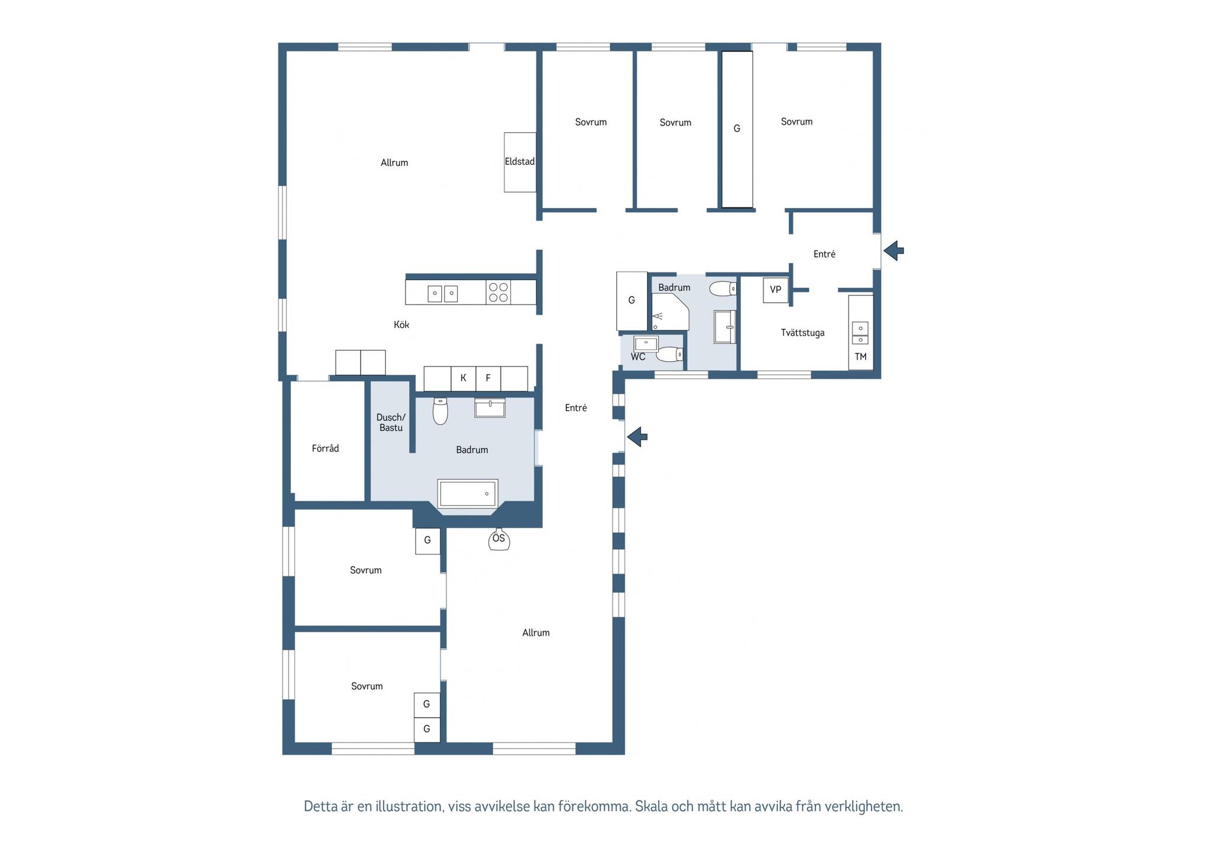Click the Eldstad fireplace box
click(520, 162)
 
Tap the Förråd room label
click(325, 449)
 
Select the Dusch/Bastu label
click(391, 423)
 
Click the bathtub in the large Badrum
click(468, 494)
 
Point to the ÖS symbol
click(499, 539)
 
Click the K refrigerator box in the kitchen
click(464, 378)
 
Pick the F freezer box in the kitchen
click(488, 378)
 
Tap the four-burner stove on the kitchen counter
click(498, 293)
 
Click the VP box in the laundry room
click(776, 290)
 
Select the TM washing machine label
click(860, 357)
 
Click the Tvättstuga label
click(802, 333)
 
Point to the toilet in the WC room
click(670, 354)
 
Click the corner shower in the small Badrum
click(670, 312)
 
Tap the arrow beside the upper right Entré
click(893, 251)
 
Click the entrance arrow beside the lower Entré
click(637, 437)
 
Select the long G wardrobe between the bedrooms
click(737, 129)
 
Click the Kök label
click(401, 325)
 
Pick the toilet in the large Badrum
click(440, 411)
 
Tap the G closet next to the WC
click(632, 301)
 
